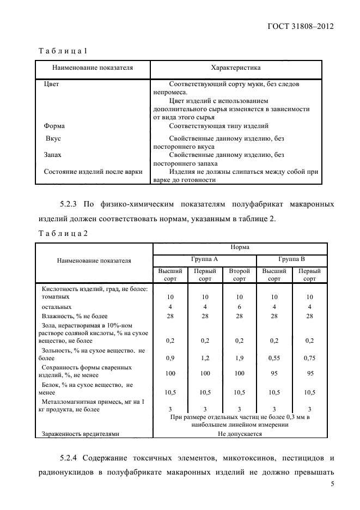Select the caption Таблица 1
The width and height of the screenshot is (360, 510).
pyautogui.click(x=63, y=51)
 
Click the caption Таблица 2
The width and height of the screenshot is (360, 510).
pyautogui.click(x=63, y=233)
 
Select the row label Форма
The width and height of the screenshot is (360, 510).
pyautogui.click(x=54, y=125)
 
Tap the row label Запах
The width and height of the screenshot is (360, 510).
pyautogui.click(x=52, y=155)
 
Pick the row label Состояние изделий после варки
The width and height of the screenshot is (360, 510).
pyautogui.click(x=93, y=172)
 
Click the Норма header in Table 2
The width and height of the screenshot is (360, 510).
pyautogui.click(x=240, y=247)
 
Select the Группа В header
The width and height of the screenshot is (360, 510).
pyautogui.click(x=291, y=259)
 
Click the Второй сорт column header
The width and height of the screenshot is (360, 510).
pyautogui.click(x=239, y=275)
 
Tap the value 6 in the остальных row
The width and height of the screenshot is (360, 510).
pyautogui.click(x=239, y=307)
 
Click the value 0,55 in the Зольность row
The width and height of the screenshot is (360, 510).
pyautogui.click(x=274, y=359)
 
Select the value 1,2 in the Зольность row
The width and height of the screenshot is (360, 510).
pyautogui.click(x=205, y=359)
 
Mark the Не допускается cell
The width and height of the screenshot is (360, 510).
pyautogui.click(x=240, y=434)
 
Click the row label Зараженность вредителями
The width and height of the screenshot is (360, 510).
pyautogui.click(x=80, y=434)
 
